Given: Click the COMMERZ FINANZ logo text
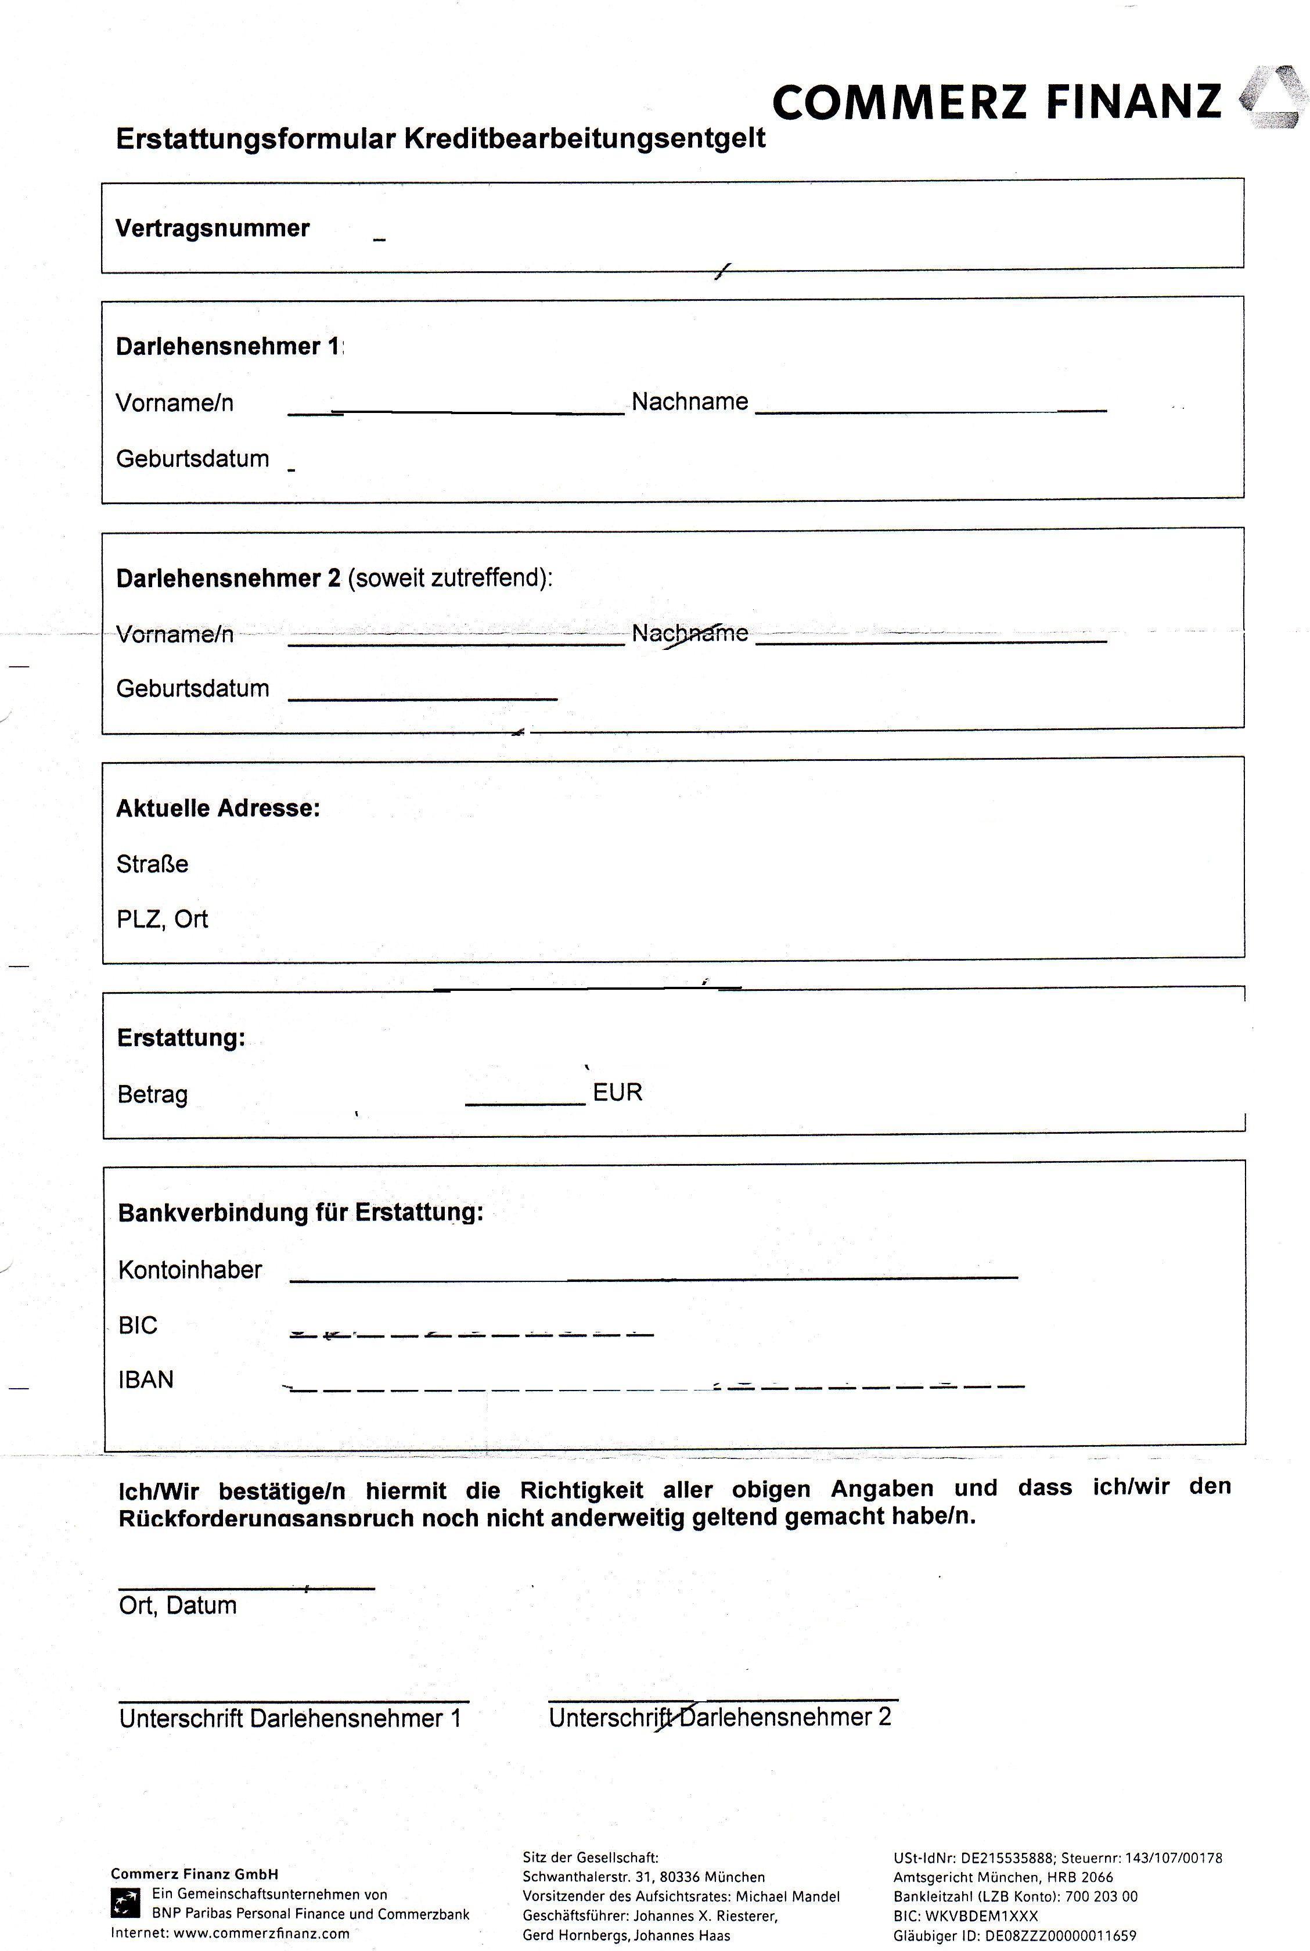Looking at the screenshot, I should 996,103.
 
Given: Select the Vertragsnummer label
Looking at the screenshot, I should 212,228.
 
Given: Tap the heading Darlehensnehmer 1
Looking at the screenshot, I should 229,347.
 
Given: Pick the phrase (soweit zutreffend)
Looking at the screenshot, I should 449,578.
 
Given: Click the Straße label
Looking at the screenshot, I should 152,864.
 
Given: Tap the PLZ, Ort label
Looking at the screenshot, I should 162,919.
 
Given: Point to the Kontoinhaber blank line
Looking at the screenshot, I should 653,1278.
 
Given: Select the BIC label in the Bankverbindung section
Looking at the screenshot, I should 138,1325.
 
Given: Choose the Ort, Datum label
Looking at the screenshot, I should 177,1605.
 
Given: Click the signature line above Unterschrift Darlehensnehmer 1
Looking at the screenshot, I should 293,1700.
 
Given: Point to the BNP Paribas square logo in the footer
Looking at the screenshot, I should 125,1905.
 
